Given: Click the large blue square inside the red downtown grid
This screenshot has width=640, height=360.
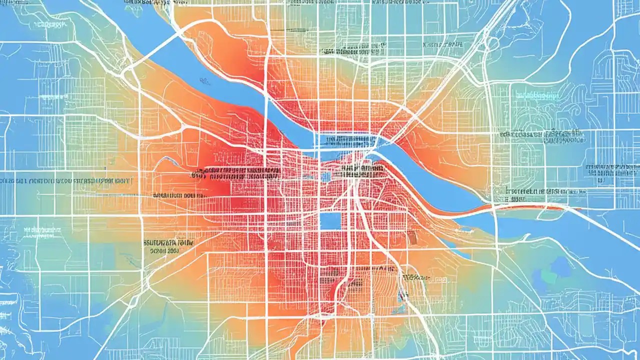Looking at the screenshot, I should click(x=330, y=220).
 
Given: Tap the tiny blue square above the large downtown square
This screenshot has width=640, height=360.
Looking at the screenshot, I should click(x=326, y=176).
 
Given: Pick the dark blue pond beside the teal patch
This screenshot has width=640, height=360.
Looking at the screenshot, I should click(x=562, y=267).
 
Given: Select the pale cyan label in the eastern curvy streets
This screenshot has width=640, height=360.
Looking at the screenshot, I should click(x=537, y=94).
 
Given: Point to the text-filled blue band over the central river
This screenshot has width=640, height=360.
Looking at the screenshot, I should click(x=345, y=140).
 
